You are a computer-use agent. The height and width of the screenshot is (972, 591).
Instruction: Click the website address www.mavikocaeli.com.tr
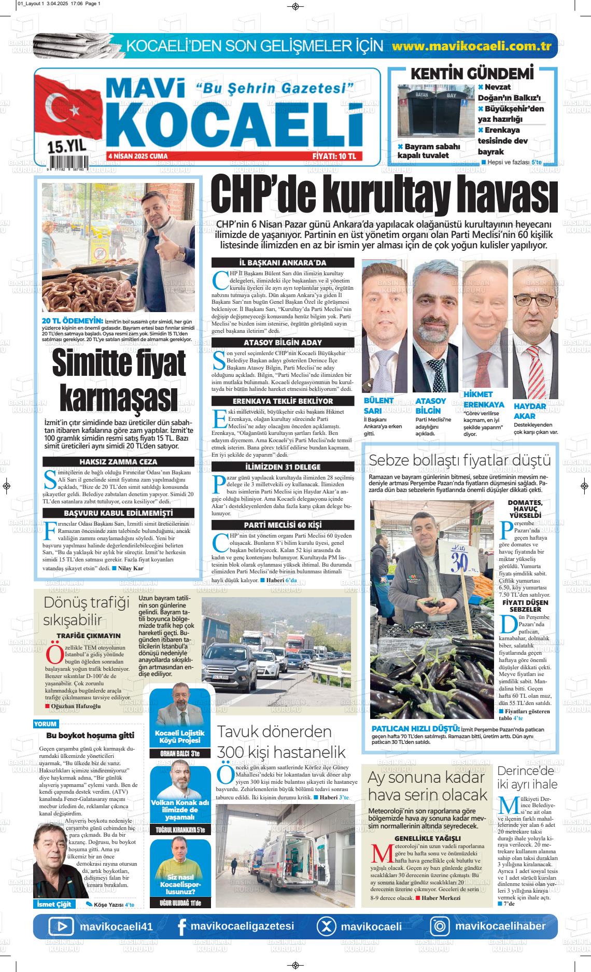tap(471, 46)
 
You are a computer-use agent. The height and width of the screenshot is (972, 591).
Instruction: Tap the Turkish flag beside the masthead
tap(65, 109)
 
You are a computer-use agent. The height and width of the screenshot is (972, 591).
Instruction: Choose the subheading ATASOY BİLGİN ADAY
tap(283, 343)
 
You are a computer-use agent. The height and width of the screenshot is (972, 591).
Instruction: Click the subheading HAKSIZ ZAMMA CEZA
tap(118, 461)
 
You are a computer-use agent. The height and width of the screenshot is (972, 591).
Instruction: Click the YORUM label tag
tap(46, 724)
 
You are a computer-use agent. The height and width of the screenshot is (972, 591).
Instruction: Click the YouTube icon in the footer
tap(61, 926)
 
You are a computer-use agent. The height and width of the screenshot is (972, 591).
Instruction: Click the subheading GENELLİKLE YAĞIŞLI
tap(427, 838)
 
